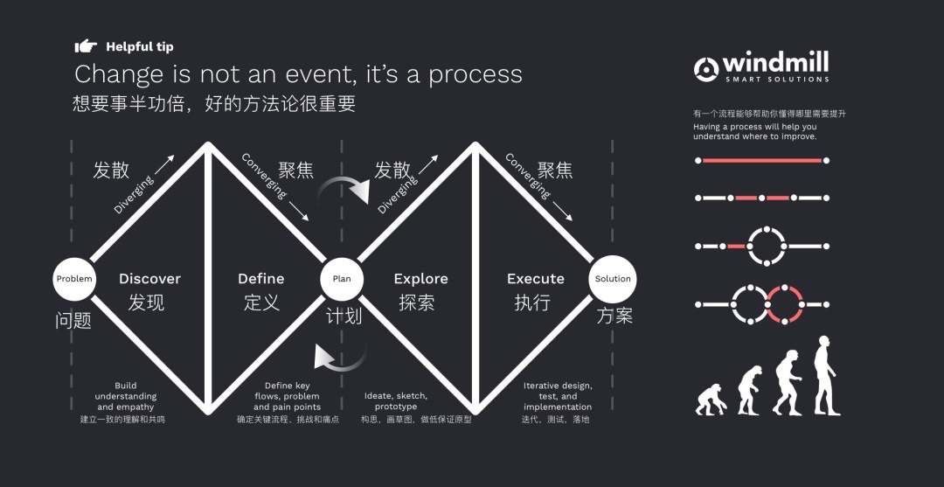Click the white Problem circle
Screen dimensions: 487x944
tap(74, 279)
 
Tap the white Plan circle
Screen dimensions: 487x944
tap(342, 279)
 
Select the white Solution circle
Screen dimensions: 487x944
tap(613, 279)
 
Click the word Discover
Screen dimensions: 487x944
tap(149, 279)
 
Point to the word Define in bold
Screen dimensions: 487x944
tap(261, 279)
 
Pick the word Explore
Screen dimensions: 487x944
tap(420, 279)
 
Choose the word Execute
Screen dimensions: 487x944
tap(536, 279)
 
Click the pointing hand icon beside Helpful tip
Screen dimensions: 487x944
tap(86, 46)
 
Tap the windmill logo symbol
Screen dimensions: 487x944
tap(706, 68)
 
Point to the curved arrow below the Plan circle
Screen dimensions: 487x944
tap(343, 358)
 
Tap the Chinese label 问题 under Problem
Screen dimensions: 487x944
tap(73, 320)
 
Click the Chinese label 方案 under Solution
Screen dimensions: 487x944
tap(614, 316)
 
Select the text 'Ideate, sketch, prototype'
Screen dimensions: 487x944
tap(396, 401)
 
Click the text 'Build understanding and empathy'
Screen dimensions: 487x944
tap(125, 396)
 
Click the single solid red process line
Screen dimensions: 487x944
tap(761, 161)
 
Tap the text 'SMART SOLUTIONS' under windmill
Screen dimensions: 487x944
tap(776, 80)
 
